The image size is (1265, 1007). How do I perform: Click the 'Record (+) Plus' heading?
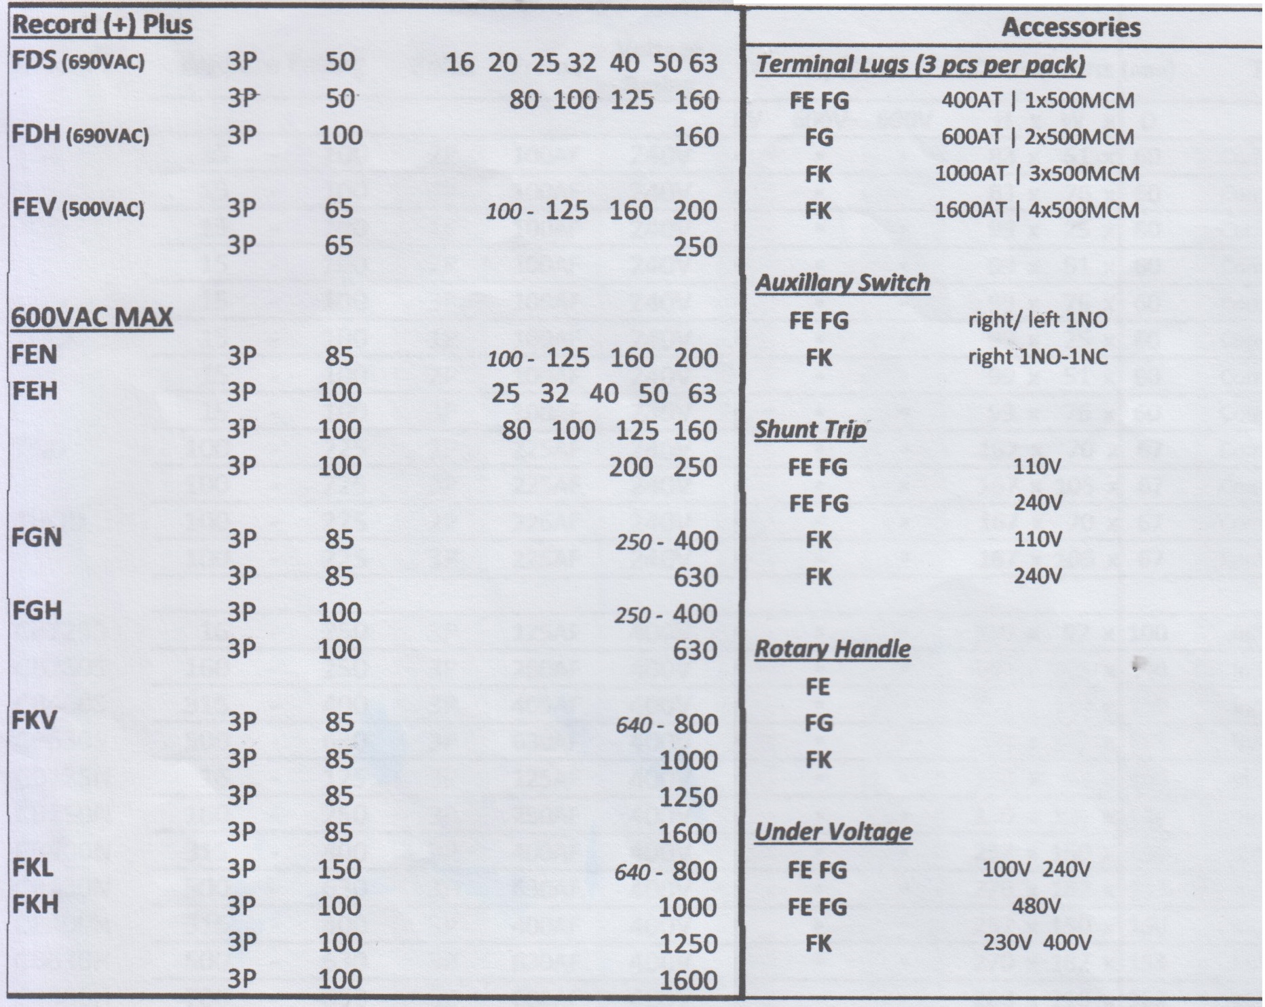tap(102, 25)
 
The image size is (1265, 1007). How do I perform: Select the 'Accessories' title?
tap(1071, 27)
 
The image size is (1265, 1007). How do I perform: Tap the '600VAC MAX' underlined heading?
tap(92, 317)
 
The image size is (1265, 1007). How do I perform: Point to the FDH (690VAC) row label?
tap(80, 135)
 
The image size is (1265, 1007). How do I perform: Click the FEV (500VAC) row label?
tap(78, 208)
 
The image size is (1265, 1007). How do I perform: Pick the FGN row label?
tap(37, 537)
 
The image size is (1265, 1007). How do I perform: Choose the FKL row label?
tap(33, 868)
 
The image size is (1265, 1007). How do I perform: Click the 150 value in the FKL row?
tap(340, 869)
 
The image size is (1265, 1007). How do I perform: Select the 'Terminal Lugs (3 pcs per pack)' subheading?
tap(920, 64)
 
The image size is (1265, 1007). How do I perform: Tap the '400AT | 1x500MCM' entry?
tap(1038, 100)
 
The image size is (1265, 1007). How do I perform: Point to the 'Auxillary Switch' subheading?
tap(842, 282)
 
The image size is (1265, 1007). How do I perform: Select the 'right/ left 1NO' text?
tap(1038, 320)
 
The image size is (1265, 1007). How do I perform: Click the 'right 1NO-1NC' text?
tap(1038, 356)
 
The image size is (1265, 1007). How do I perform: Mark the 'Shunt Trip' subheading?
tap(810, 430)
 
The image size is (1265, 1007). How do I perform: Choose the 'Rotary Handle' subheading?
tap(833, 649)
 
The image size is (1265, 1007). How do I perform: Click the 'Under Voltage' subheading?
tap(833, 831)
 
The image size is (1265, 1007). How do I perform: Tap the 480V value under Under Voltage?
tap(1036, 906)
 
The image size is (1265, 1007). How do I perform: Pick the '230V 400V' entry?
tap(1036, 943)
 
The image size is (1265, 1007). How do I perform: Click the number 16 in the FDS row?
tap(459, 62)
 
